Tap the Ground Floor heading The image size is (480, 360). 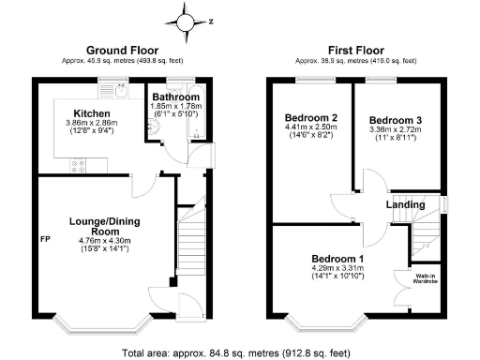(122, 50)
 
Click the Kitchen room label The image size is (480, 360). (93, 112)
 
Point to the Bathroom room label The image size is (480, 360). (176, 97)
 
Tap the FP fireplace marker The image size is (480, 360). (44, 240)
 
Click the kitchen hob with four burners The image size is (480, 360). (79, 168)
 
